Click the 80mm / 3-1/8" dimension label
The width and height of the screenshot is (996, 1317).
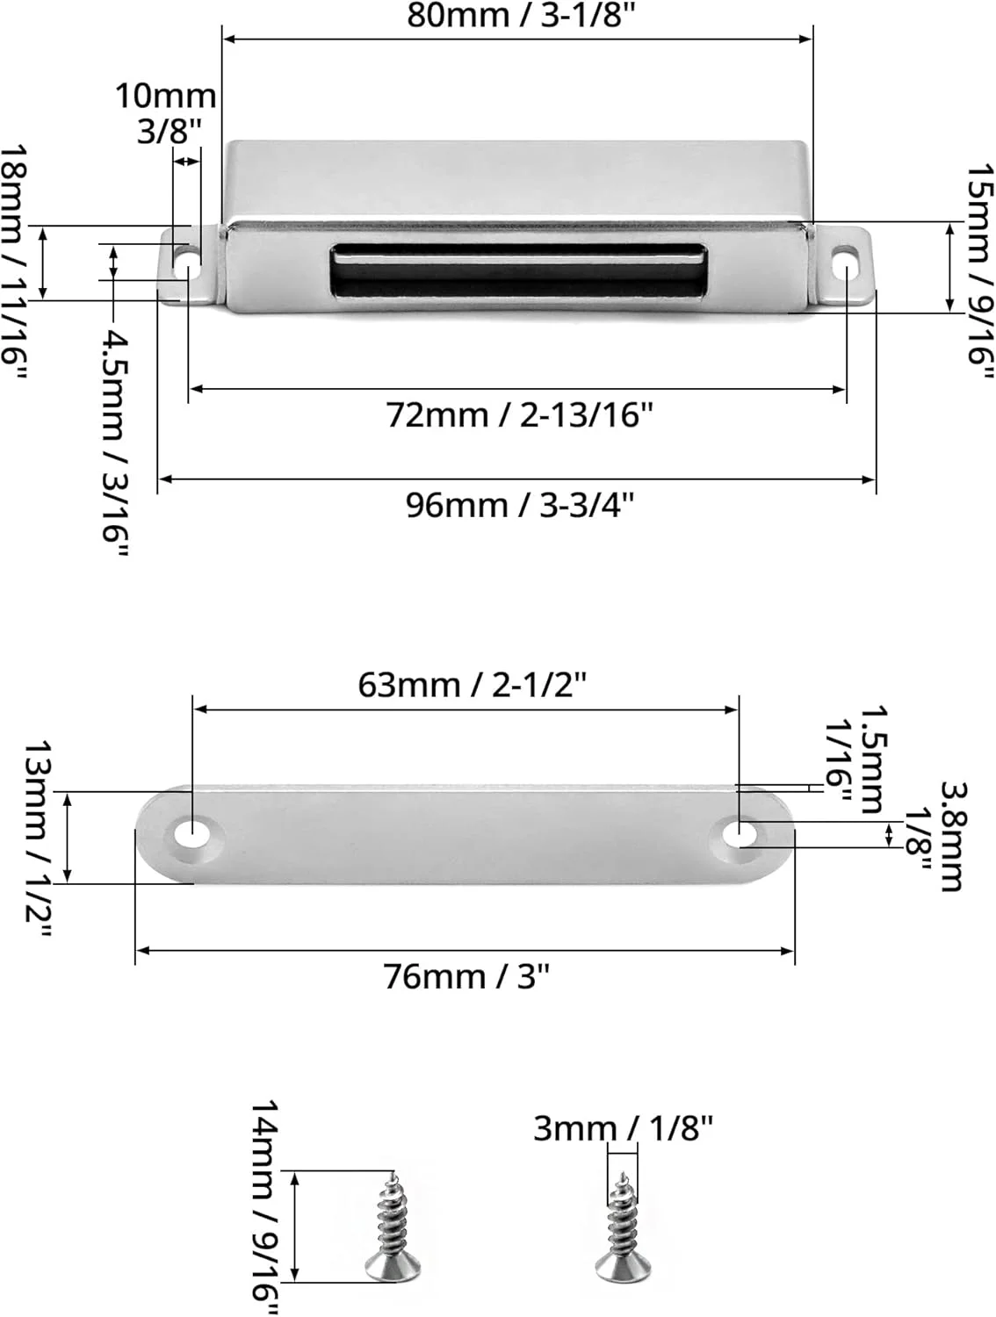pyautogui.click(x=520, y=16)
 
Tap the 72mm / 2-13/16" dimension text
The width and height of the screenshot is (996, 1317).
pyautogui.click(x=519, y=414)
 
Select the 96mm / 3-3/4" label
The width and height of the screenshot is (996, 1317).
pyautogui.click(x=520, y=505)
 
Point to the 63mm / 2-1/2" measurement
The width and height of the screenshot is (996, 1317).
pyautogui.click(x=473, y=685)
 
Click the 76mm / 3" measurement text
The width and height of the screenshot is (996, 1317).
pyautogui.click(x=466, y=977)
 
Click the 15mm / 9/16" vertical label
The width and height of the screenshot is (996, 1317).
pyautogui.click(x=980, y=271)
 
